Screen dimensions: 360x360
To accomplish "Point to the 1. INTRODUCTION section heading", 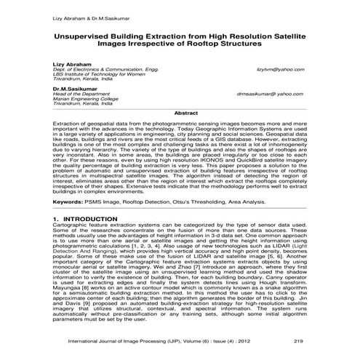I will click(x=89, y=218).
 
